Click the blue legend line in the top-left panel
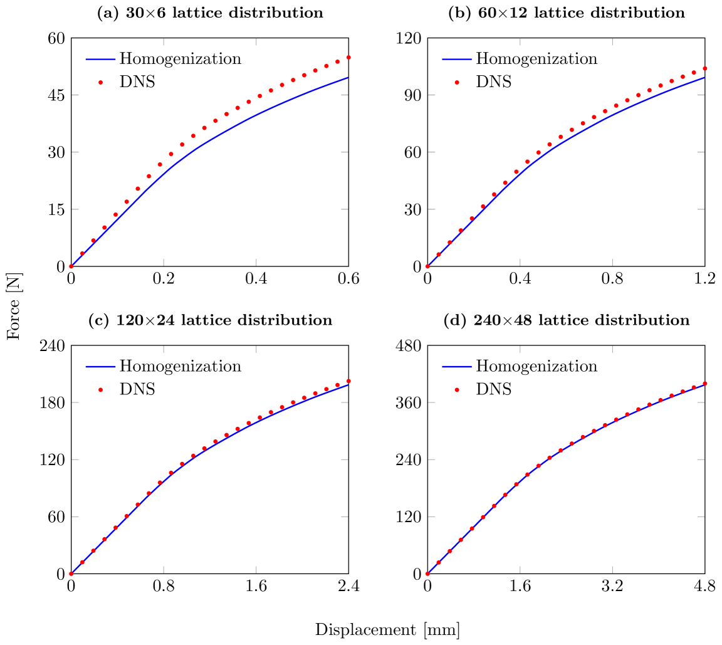pos(100,60)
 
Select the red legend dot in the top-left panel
pos(100,82)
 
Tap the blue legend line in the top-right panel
pos(457,60)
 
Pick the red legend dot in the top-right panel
pos(457,82)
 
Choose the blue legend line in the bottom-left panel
pos(100,367)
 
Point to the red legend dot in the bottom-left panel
pos(100,389)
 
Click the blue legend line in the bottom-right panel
pos(457,367)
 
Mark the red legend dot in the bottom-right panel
pos(457,389)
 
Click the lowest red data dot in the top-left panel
pos(71,266)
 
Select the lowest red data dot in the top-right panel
pos(427,266)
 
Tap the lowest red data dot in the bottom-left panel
pos(71,574)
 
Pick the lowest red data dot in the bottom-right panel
pos(427,574)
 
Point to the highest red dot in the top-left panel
pos(348,57)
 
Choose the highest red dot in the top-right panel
pos(705,68)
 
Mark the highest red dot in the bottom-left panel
pos(348,380)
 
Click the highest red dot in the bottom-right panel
pos(705,383)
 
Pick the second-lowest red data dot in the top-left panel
pos(82,253)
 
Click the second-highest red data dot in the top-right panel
pos(694,72)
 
